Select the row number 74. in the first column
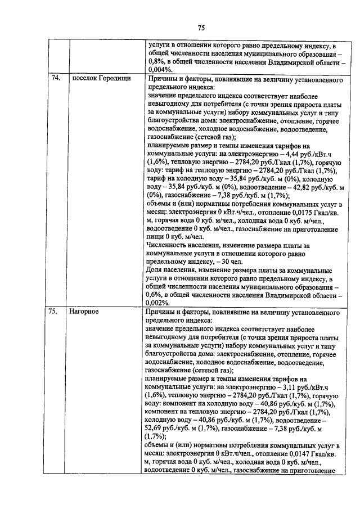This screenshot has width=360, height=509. click(x=55, y=78)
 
